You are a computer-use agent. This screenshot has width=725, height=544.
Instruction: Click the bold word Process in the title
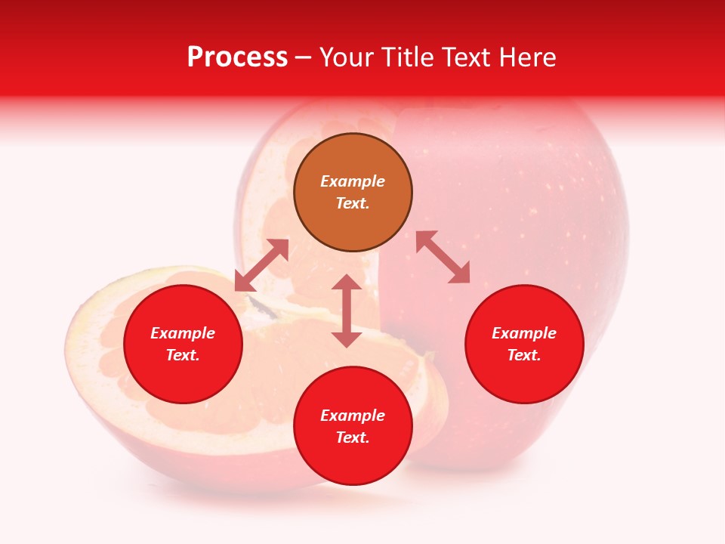click(x=237, y=57)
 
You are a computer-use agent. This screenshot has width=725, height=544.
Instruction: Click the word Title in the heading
click(x=407, y=57)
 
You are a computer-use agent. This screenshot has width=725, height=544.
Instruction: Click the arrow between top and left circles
click(x=261, y=265)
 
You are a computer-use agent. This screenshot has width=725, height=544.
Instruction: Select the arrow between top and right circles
click(x=443, y=257)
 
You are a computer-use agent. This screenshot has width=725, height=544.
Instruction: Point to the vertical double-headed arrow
click(x=347, y=311)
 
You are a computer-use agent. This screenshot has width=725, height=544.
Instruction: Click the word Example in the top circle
click(x=353, y=181)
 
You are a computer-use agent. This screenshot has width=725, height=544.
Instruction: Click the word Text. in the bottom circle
click(x=353, y=437)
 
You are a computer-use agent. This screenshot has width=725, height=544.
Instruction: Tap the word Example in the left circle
click(x=183, y=333)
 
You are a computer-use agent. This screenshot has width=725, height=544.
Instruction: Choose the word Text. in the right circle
click(x=524, y=355)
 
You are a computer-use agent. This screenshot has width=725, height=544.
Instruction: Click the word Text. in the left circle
click(x=183, y=355)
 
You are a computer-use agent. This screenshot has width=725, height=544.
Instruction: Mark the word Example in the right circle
click(x=524, y=333)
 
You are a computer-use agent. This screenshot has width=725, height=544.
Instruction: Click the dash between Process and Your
click(x=304, y=57)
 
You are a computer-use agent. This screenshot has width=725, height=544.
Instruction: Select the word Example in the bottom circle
click(x=353, y=416)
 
